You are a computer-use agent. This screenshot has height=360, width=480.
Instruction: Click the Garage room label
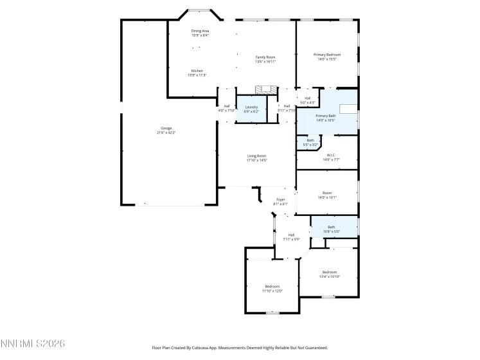[x=166, y=130]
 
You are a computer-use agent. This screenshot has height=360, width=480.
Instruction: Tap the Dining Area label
[x=200, y=33]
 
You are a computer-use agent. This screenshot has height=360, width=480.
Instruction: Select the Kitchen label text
[x=197, y=73]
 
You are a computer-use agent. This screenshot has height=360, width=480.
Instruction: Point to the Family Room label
[x=265, y=59]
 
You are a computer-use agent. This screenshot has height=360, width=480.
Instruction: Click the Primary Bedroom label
[x=326, y=57]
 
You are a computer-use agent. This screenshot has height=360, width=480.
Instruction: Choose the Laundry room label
[x=251, y=109]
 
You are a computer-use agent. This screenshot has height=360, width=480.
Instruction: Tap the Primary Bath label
[x=326, y=118]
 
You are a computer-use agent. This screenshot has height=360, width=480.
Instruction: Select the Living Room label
[x=257, y=158]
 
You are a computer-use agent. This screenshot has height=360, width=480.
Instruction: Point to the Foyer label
[x=281, y=202]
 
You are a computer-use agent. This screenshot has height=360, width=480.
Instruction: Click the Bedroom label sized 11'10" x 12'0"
[x=272, y=289]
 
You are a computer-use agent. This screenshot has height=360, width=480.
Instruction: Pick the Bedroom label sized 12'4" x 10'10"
[x=330, y=274]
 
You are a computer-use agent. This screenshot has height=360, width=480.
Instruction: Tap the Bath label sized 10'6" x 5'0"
[x=332, y=229]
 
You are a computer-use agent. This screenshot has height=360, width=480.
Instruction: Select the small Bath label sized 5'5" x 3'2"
[x=310, y=143]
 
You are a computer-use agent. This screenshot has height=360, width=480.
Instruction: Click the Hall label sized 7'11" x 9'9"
[x=291, y=237]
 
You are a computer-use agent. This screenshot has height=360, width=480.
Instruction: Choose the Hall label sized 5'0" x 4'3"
[x=308, y=100]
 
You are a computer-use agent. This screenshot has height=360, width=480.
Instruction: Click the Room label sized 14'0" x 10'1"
[x=327, y=195]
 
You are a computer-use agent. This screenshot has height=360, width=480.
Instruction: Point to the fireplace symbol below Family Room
[x=265, y=90]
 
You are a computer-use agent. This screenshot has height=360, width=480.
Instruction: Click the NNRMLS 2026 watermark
[x=33, y=345]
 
